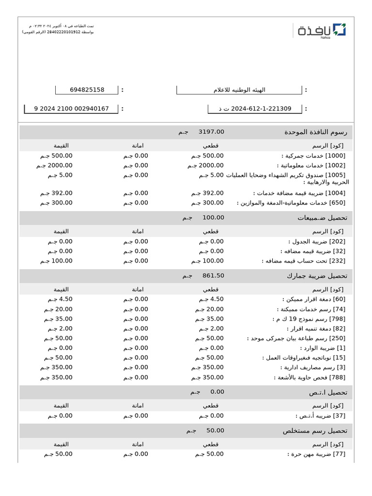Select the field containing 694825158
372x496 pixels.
click(x=87, y=90)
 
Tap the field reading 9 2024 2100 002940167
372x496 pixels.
click(x=71, y=108)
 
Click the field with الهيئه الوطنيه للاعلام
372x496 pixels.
click(x=239, y=90)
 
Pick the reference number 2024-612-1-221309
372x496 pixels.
click(x=255, y=108)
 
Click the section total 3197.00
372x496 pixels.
click(x=211, y=132)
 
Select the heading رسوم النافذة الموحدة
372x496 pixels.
click(x=316, y=132)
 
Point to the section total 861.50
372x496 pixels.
click(x=213, y=276)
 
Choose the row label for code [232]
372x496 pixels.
click(x=303, y=261)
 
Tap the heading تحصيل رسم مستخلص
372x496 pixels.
click(x=315, y=431)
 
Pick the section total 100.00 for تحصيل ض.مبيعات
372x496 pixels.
click(x=213, y=217)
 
